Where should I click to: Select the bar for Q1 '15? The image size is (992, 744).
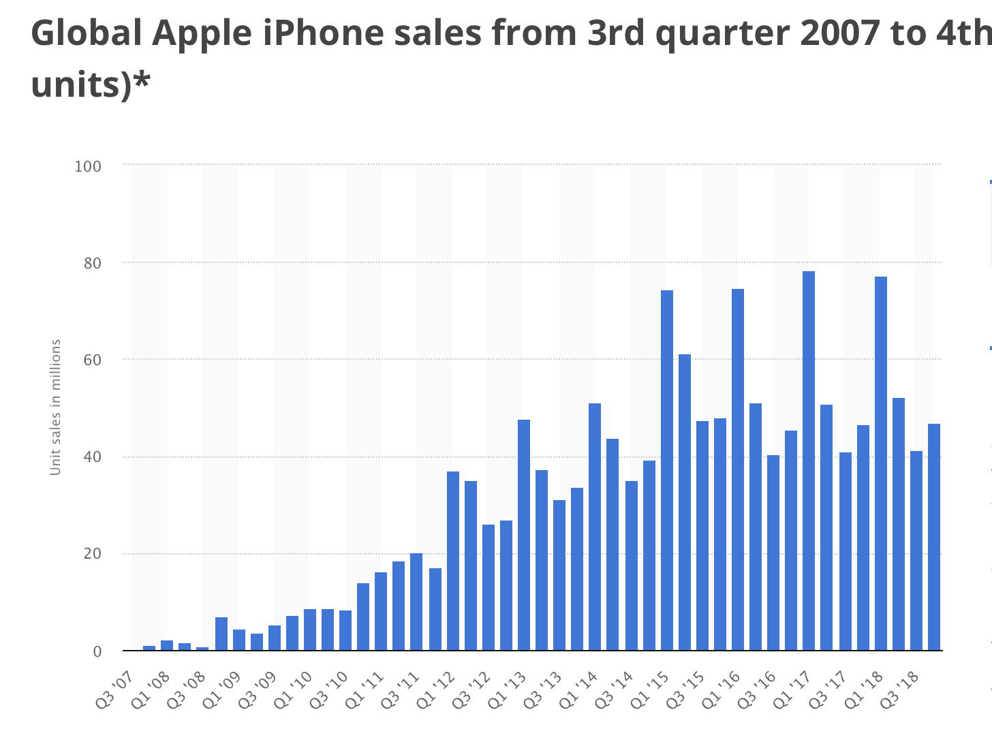666,470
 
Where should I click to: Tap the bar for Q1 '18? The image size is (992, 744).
880,463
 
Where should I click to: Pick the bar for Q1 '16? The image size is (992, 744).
738,469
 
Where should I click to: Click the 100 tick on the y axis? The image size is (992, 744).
88,166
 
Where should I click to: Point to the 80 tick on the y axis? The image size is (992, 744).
92,263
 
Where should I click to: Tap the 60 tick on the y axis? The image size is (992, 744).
92,360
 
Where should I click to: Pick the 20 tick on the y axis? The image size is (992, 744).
92,554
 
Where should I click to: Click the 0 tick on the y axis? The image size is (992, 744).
97,651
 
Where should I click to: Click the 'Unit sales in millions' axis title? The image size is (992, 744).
56,407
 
